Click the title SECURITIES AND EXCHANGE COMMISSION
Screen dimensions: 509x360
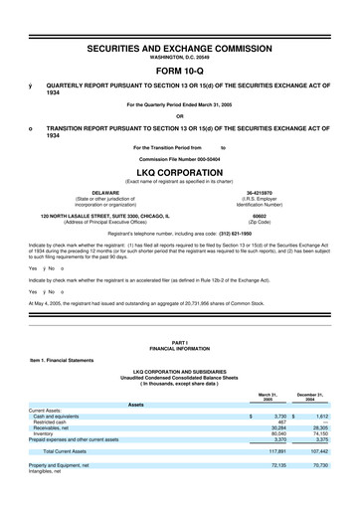180,47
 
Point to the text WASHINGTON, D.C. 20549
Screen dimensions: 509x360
180,57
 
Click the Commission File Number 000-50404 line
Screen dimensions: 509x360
180,159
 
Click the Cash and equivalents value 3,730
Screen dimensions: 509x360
279,418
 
